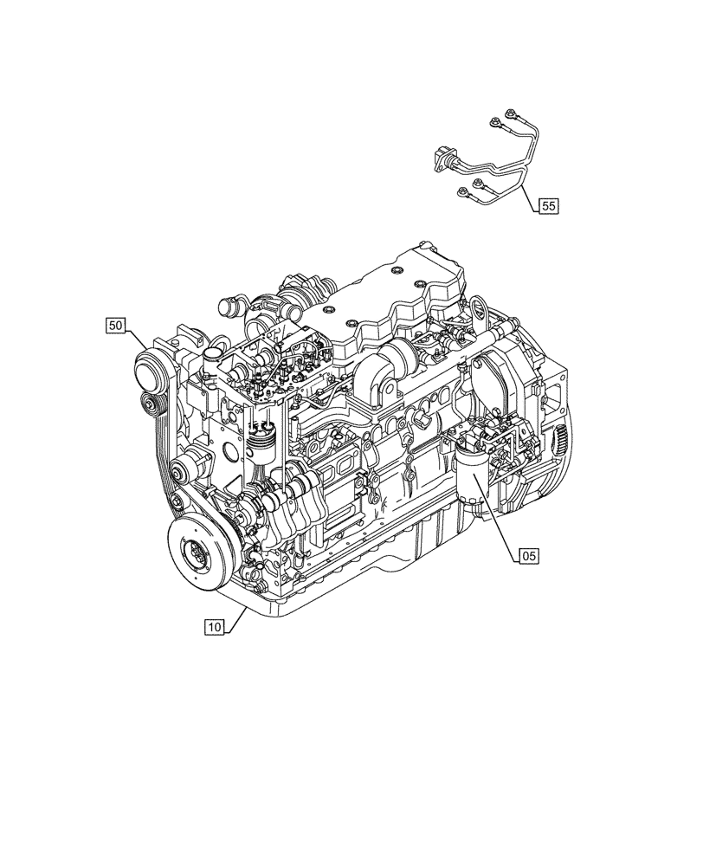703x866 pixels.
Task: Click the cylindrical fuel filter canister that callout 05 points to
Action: click(x=468, y=485)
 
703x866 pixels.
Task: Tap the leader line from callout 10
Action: click(x=238, y=617)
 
